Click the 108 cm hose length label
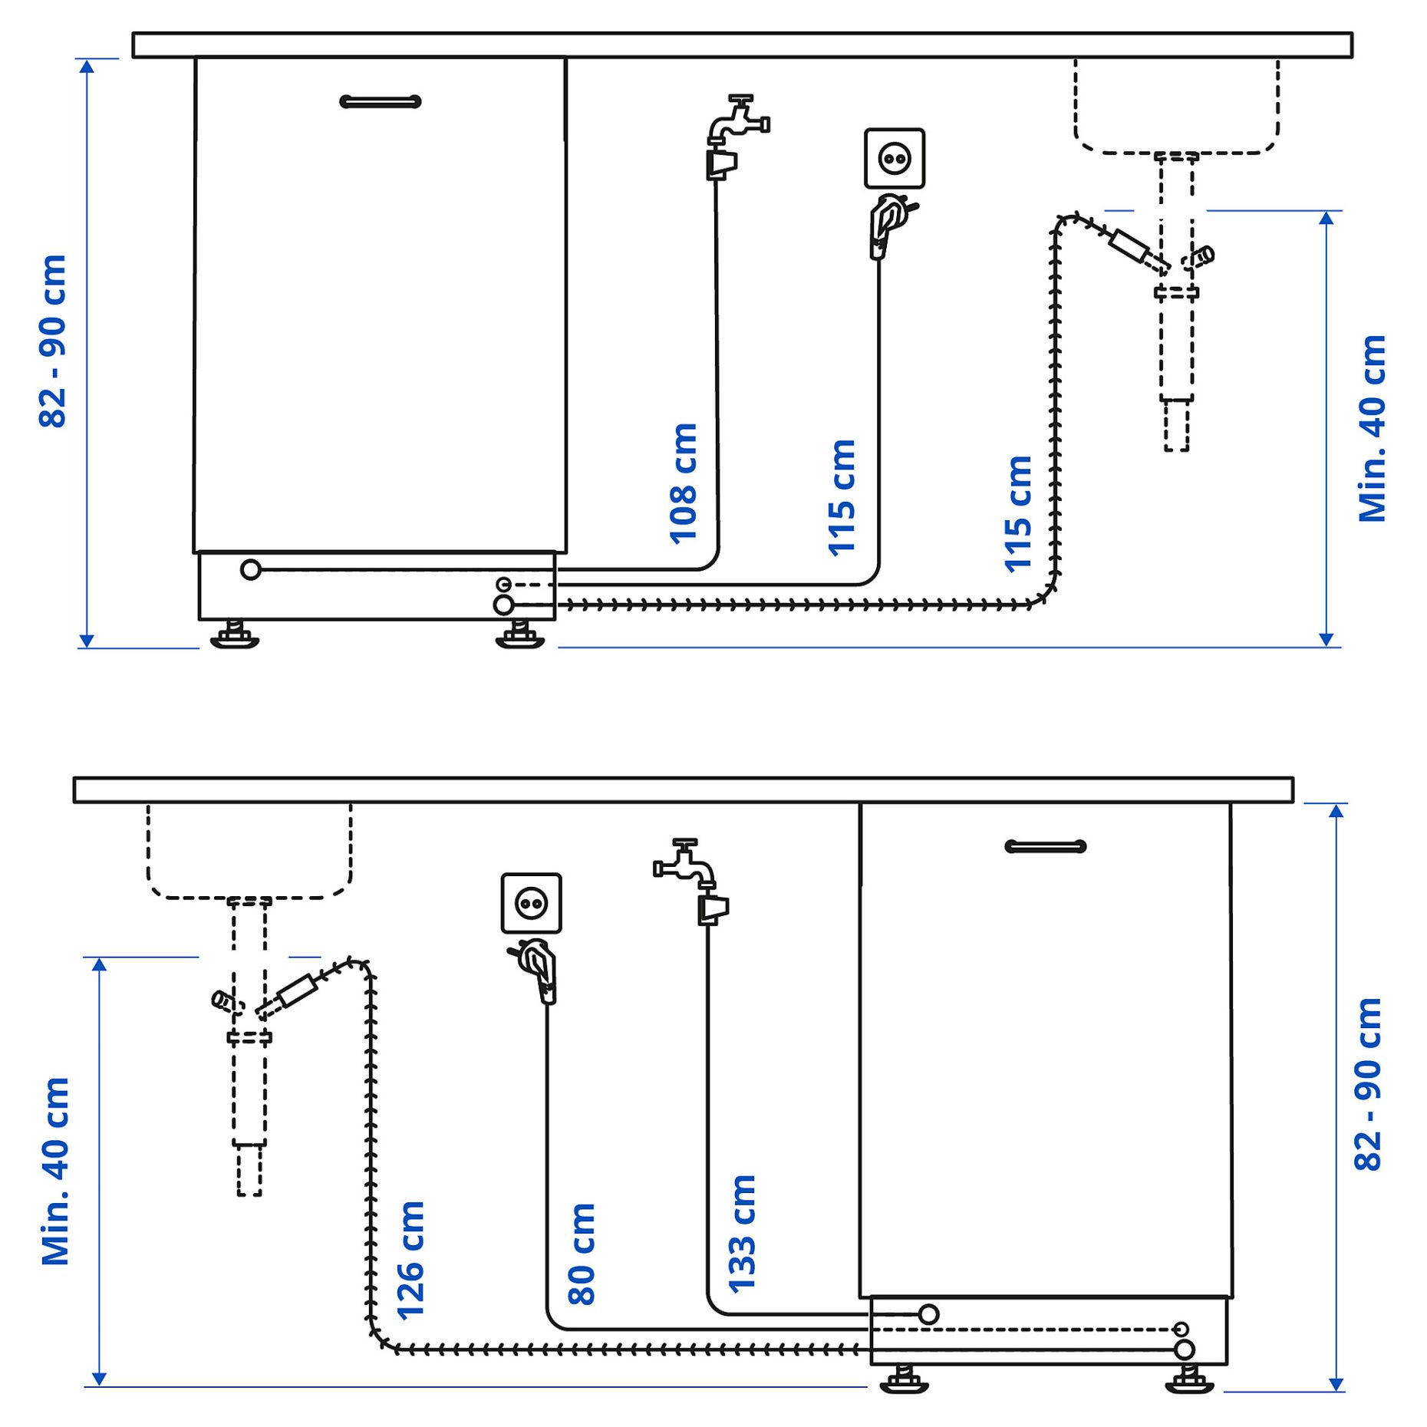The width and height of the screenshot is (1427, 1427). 683,483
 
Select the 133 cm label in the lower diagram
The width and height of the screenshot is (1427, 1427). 742,1234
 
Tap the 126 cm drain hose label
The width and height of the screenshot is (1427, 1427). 410,1260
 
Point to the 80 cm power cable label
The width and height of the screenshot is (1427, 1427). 582,1254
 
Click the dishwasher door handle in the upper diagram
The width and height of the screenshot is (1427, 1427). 381,101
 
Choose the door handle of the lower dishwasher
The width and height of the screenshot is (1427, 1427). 1045,846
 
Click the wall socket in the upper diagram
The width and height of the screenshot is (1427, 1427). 894,159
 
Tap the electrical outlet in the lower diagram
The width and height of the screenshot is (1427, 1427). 531,903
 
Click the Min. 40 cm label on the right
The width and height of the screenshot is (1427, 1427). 1372,429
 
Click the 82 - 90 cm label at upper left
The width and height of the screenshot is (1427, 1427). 53,341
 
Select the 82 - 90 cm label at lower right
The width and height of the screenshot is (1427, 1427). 1367,1085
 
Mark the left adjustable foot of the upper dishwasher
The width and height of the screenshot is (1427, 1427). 235,635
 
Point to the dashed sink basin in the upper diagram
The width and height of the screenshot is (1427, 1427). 1176,107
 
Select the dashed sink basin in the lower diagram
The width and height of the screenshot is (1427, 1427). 249,852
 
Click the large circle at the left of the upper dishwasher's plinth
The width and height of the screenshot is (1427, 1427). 250,569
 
